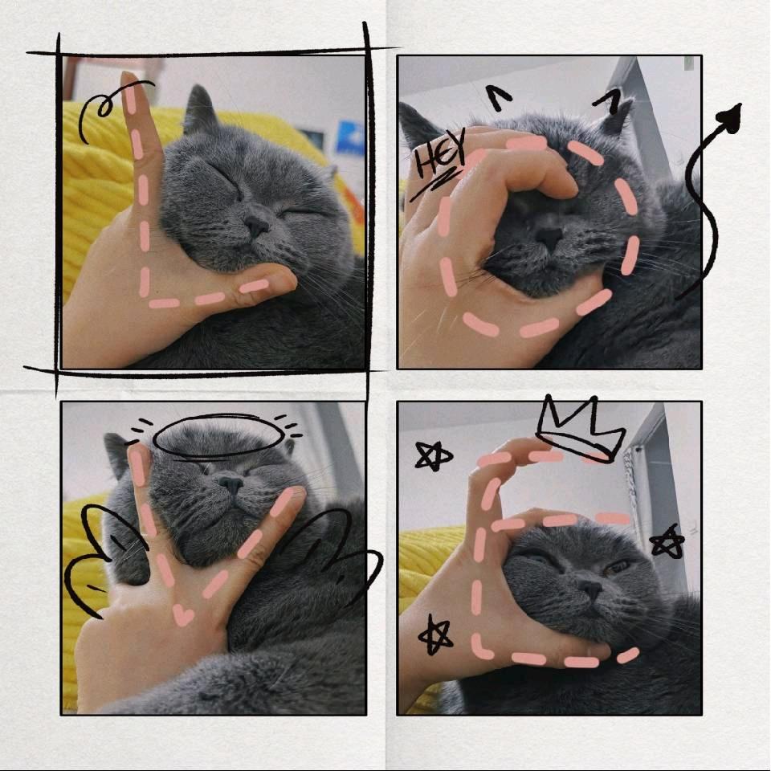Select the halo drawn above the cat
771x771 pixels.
218,434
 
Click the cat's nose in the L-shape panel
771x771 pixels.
256,225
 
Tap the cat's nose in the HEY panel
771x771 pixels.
549,237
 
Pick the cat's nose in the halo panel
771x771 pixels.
230,484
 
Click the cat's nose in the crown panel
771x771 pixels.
590,589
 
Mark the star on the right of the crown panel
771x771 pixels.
667,542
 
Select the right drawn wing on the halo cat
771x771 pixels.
345,541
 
